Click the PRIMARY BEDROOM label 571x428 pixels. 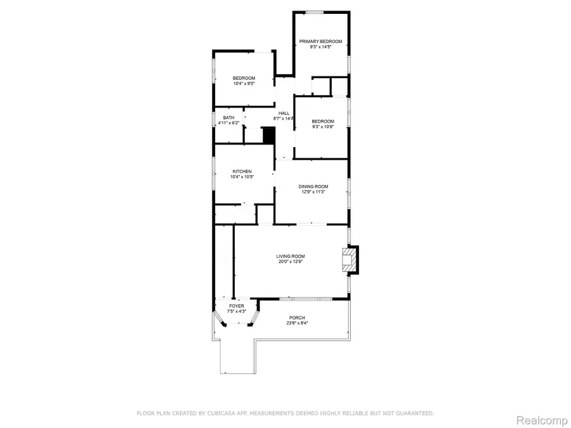(320, 42)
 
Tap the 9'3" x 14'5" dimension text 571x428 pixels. (320, 47)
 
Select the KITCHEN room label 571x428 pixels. (242, 172)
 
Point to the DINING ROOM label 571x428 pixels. (313, 186)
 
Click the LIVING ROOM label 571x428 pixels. (291, 256)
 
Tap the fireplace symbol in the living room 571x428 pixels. (349, 260)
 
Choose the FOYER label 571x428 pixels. (237, 306)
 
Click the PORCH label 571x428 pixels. (297, 318)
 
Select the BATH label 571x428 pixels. (228, 117)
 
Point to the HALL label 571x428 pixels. (284, 113)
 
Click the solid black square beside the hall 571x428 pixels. (268, 136)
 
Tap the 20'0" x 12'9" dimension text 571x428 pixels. (291, 261)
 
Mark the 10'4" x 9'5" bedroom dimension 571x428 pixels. (244, 83)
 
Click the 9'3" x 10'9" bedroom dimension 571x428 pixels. (322, 126)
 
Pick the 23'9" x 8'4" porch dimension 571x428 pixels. (296, 323)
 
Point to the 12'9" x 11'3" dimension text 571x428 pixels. (313, 191)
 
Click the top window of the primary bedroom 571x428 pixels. (315, 13)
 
